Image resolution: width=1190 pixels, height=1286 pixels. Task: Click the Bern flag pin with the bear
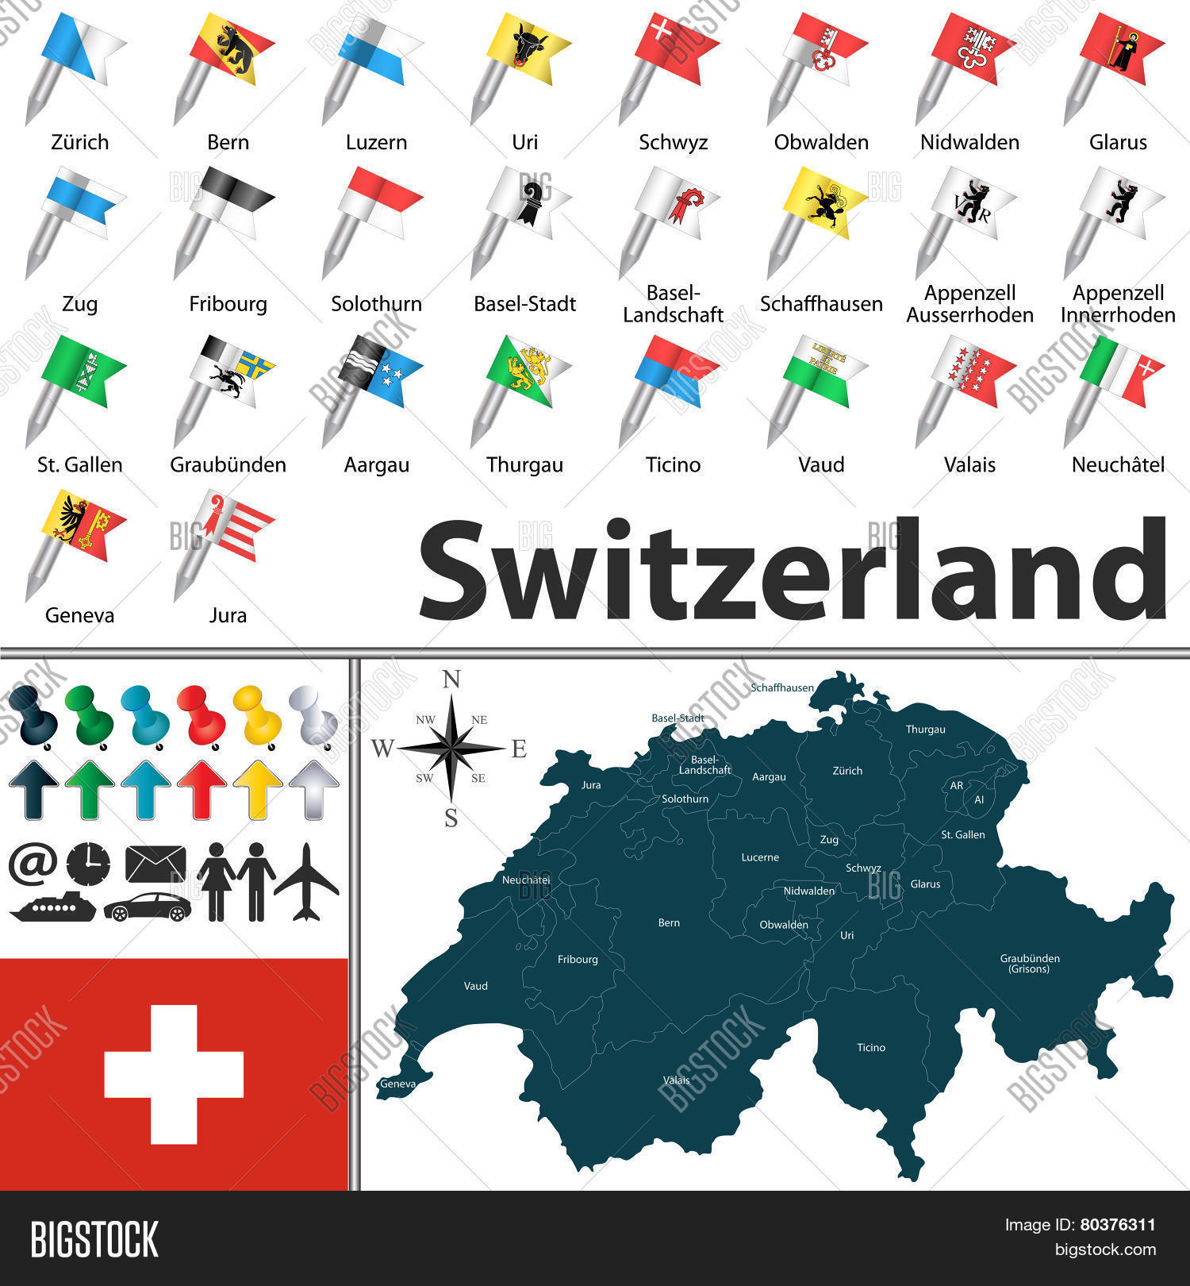232,48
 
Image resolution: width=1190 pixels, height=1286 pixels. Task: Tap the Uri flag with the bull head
528,48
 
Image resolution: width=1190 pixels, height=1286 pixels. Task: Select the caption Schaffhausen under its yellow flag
821,304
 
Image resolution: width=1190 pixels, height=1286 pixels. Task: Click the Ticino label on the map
870,1048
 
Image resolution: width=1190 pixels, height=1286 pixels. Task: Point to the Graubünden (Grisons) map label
1029,963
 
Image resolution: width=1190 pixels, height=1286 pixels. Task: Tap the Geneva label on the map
397,1084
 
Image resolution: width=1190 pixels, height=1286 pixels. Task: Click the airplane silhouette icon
306,882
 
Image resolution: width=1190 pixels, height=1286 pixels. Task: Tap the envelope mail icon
155,864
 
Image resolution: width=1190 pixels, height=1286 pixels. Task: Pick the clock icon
88,864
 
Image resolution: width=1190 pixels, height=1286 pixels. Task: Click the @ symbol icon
33,864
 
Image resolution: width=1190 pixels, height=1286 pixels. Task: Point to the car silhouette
148,907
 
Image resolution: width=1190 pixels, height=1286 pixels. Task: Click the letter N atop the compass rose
451,680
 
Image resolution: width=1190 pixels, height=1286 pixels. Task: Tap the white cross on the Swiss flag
174,1074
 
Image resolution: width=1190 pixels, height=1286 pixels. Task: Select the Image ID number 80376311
1117,1225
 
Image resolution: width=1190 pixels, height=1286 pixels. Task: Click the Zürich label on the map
847,771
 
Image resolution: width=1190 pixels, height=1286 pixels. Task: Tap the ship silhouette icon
53,907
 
